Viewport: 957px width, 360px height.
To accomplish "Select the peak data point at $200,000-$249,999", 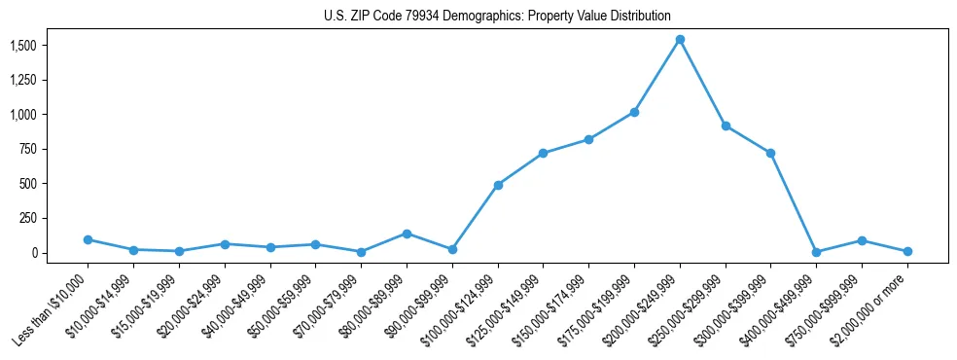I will (x=680, y=40).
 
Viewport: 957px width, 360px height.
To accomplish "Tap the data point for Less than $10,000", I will (x=88, y=239).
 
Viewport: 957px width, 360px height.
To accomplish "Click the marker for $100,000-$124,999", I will (x=498, y=185).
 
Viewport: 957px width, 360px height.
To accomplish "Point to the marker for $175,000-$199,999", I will (x=634, y=112).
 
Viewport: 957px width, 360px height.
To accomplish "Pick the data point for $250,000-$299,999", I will (x=726, y=126).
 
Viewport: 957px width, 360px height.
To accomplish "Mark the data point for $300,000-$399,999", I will (x=771, y=153).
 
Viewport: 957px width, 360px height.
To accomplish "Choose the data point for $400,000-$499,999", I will (x=817, y=252).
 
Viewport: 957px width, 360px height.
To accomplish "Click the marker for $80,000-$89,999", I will (x=407, y=234).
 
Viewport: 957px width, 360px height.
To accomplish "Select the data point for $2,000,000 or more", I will (x=907, y=251).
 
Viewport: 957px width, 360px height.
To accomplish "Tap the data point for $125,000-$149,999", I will (x=544, y=153).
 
